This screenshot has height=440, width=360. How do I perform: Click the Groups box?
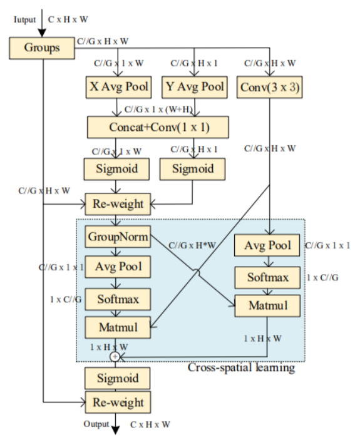pos(43,46)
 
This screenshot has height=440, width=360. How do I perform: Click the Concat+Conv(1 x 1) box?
pos(157,128)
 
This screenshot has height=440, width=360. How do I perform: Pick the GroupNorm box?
pos(118,237)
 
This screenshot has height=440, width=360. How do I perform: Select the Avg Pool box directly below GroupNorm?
pos(118,267)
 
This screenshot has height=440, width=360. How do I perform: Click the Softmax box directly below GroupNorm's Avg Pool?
pos(118,298)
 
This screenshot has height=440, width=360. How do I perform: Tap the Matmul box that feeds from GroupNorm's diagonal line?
pos(268,306)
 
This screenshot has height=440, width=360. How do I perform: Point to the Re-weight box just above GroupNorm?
pos(118,203)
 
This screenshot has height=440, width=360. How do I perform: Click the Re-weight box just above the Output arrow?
pos(118,402)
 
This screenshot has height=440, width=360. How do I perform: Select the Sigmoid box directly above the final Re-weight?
pos(118,377)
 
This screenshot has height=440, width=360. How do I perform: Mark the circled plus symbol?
pos(115,356)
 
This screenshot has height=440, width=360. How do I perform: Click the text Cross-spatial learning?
pos(242,367)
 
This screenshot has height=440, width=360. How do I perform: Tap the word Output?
pos(97,424)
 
